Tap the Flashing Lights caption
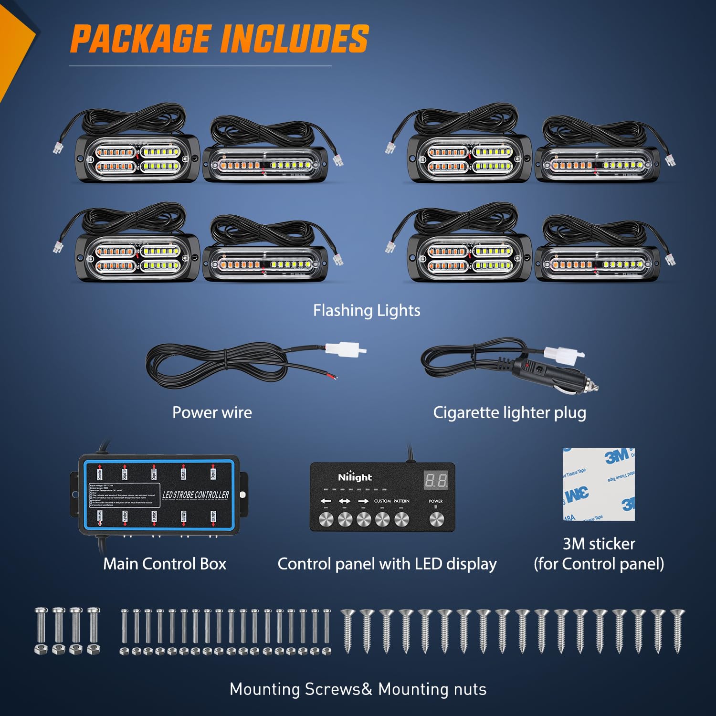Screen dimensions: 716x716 [367, 311]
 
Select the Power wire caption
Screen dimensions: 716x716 [212, 412]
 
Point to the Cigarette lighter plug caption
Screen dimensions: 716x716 [509, 413]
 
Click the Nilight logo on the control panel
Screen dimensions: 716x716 [355, 477]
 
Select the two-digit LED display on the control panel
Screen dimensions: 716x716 [436, 480]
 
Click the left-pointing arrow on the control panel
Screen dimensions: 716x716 [326, 501]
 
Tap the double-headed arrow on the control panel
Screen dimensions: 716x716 [345, 501]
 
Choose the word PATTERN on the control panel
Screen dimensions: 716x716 [401, 501]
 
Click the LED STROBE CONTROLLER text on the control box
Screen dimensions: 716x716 [196, 495]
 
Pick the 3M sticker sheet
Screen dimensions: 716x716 [599, 484]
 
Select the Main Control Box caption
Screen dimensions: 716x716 [165, 564]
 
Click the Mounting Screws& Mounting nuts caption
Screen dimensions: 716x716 [358, 689]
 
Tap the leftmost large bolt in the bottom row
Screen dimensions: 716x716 [41, 629]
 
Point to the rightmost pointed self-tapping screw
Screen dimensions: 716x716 [677, 630]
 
